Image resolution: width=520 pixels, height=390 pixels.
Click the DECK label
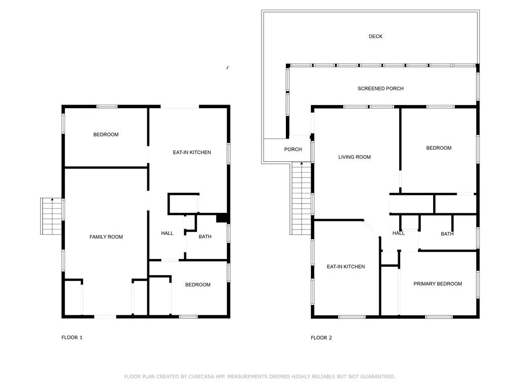(375, 37)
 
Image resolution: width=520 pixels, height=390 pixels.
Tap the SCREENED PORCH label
(380, 88)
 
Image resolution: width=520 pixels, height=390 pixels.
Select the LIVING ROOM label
(354, 157)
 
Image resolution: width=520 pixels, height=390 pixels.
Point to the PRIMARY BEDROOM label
(437, 284)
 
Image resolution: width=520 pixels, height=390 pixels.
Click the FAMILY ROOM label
(106, 237)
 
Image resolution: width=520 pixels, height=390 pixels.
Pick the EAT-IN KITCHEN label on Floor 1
(191, 152)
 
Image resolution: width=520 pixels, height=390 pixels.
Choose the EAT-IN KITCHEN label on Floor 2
(345, 267)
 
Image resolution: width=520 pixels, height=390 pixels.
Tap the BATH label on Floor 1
(205, 237)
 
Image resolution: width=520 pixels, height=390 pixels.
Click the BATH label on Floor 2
(447, 234)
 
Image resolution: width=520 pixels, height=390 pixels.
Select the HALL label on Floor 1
(167, 234)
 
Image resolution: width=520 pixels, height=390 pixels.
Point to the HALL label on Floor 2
(398, 234)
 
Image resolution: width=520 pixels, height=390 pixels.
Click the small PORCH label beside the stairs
(293, 150)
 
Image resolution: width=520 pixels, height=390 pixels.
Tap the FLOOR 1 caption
(72, 338)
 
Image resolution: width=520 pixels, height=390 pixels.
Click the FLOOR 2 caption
(321, 338)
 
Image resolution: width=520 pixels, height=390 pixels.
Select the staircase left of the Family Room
(51, 216)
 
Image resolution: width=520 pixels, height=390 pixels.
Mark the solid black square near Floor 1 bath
(222, 218)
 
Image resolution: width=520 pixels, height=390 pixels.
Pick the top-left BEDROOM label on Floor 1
(106, 135)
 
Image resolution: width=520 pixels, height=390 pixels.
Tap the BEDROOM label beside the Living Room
(439, 148)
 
